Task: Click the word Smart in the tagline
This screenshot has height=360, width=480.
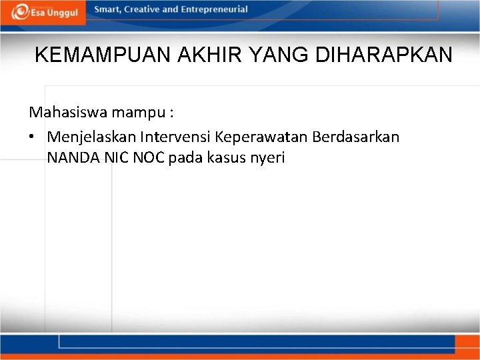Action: tap(107, 9)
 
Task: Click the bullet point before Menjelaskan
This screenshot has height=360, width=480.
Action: tap(32, 137)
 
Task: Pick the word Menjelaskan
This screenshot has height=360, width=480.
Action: tap(91, 137)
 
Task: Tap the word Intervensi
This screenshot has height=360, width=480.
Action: tap(174, 137)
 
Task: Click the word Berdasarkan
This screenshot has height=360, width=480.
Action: tap(353, 137)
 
